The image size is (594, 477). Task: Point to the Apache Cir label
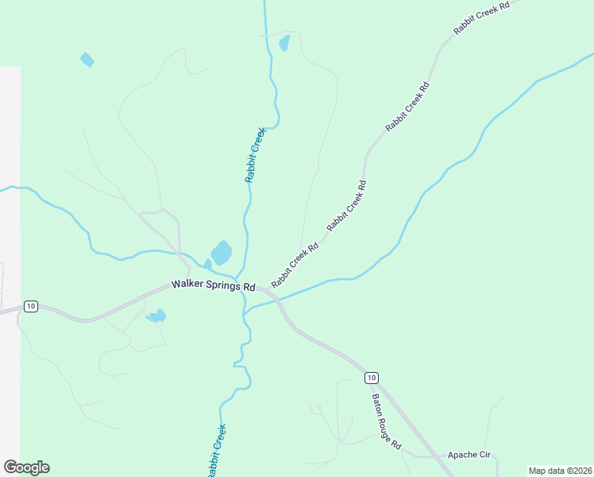pyautogui.click(x=469, y=455)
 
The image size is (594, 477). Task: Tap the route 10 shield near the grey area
pyautogui.click(x=30, y=306)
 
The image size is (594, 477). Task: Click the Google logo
pyautogui.click(x=26, y=467)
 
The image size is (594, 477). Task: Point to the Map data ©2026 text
pyautogui.click(x=560, y=471)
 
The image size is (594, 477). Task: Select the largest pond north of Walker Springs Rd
pyautogui.click(x=222, y=253)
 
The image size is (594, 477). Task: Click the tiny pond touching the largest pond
pyautogui.click(x=208, y=263)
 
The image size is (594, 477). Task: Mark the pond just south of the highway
pyautogui.click(x=157, y=316)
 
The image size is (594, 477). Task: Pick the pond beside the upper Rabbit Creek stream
pyautogui.click(x=284, y=42)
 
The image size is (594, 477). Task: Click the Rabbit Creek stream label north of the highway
pyautogui.click(x=254, y=154)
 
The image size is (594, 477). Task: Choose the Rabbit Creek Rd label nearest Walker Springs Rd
pyautogui.click(x=295, y=266)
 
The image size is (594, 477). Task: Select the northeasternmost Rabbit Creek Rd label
pyautogui.click(x=480, y=17)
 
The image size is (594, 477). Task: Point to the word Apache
pyautogui.click(x=463, y=455)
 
